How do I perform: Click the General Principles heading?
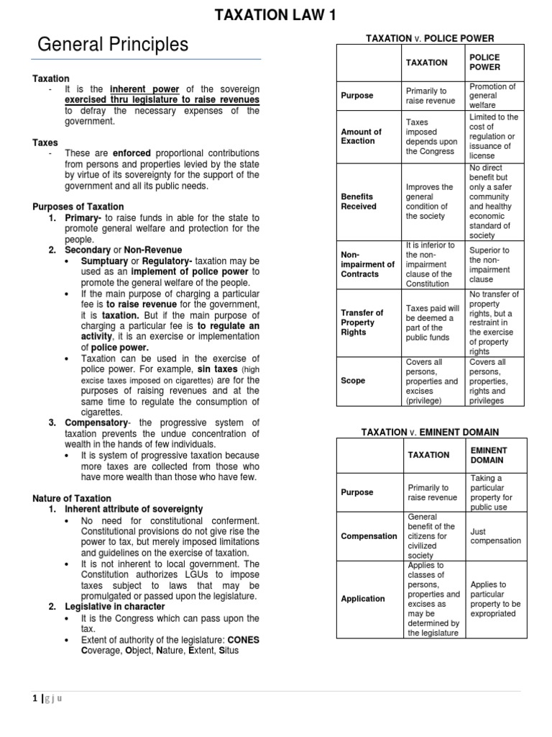(x=113, y=45)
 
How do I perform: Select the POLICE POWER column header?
(x=484, y=62)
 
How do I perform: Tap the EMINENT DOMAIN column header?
(x=488, y=455)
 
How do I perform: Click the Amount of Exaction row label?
(x=361, y=136)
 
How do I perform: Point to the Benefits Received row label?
(x=358, y=201)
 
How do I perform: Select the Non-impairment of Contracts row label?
(x=367, y=264)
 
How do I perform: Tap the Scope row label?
(x=352, y=380)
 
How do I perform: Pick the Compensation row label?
(x=369, y=535)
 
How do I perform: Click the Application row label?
(x=363, y=598)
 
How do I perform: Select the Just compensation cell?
(x=495, y=535)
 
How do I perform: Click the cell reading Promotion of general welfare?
(x=492, y=95)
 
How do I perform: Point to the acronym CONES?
(x=242, y=639)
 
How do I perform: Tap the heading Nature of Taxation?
(x=72, y=498)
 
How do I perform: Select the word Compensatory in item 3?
(x=96, y=422)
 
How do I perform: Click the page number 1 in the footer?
(x=35, y=697)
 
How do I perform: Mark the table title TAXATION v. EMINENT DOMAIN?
(x=430, y=432)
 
